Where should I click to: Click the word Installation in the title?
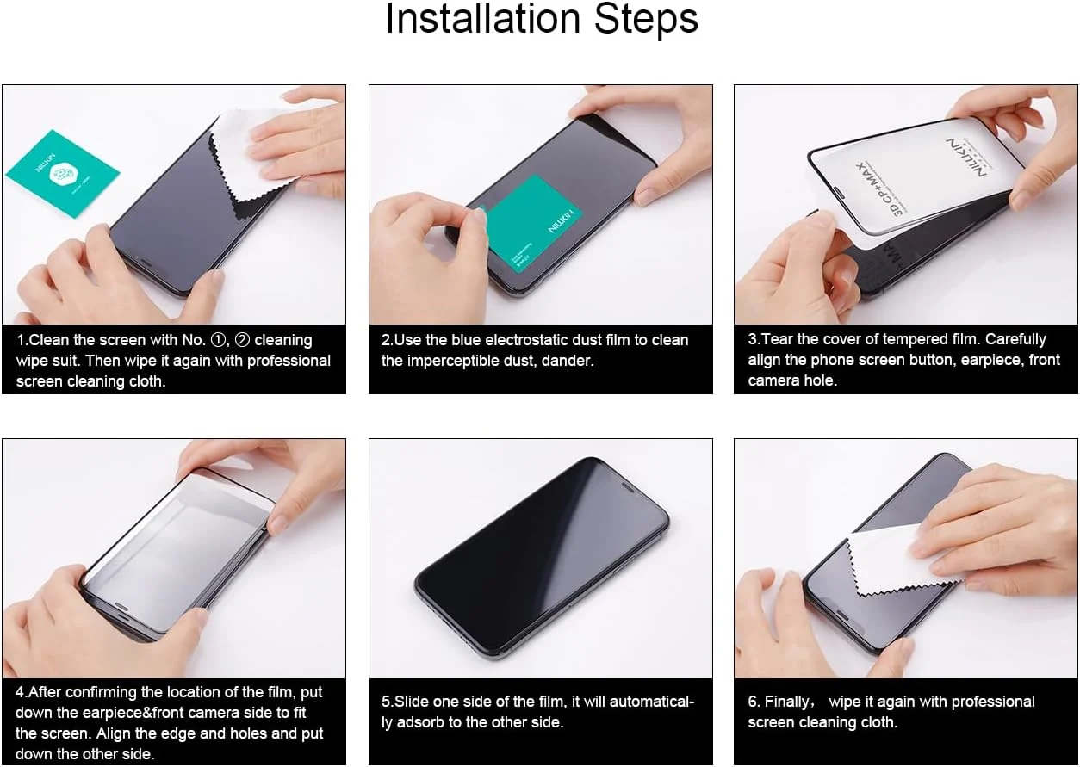[x=483, y=18]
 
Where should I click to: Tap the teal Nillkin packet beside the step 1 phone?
[x=63, y=173]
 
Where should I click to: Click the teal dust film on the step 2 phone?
[x=531, y=224]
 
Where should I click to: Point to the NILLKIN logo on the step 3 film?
[x=966, y=158]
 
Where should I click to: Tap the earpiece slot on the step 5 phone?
[x=627, y=487]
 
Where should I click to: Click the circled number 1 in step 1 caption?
[x=219, y=340]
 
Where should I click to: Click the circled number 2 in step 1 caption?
[x=242, y=340]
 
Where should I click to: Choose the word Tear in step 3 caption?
[x=777, y=339]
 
